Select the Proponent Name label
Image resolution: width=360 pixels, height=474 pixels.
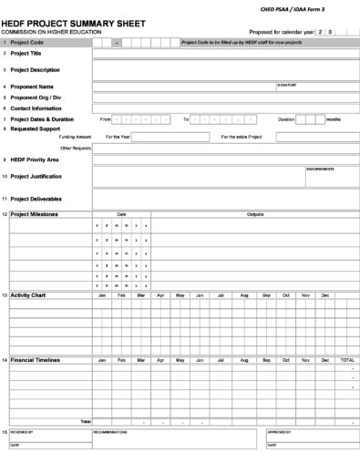click(x=32, y=88)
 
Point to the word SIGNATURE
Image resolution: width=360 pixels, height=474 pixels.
click(x=286, y=84)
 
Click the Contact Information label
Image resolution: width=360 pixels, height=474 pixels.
click(x=36, y=108)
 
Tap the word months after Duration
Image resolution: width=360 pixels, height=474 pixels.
click(x=334, y=119)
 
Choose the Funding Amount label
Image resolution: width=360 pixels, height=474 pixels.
click(x=76, y=137)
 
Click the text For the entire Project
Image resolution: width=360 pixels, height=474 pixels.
click(x=242, y=137)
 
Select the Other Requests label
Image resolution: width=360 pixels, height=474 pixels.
click(x=76, y=147)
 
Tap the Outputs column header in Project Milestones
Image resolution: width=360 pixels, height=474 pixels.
click(x=255, y=214)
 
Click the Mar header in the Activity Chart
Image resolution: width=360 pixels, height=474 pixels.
click(x=141, y=296)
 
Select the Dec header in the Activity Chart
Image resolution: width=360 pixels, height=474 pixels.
click(x=326, y=296)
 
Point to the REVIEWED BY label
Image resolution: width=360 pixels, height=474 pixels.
click(x=22, y=432)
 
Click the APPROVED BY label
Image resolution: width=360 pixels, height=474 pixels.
click(x=279, y=432)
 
